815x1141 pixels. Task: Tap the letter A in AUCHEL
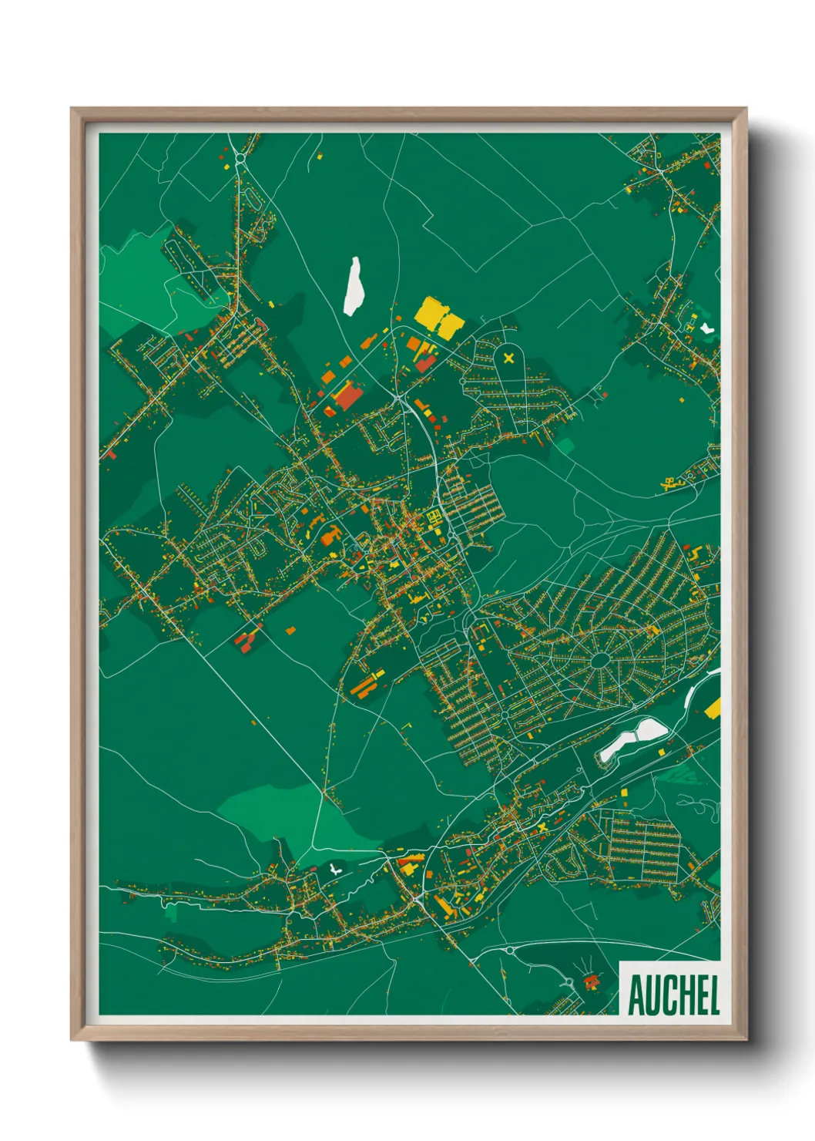(636, 995)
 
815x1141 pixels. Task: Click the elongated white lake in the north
(354, 286)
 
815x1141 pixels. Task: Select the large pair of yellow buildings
(440, 317)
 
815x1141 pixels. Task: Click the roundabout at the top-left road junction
(240, 160)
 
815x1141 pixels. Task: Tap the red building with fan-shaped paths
(592, 981)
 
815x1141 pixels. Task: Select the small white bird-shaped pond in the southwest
(334, 870)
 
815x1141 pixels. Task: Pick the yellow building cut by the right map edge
(713, 707)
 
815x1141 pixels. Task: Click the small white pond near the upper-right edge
(706, 328)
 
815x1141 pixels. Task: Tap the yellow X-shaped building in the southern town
(542, 827)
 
